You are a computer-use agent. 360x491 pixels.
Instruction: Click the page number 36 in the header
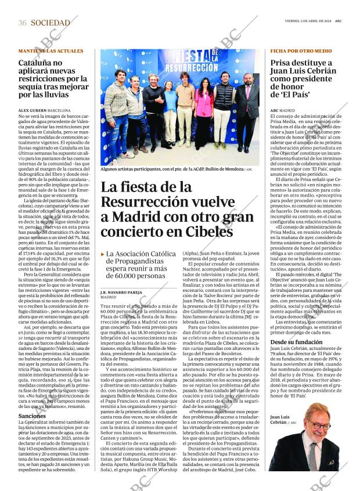click(x=23, y=23)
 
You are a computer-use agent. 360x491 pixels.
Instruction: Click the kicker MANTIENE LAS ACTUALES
click(x=51, y=51)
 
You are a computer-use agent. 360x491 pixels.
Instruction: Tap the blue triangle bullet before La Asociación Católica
click(x=103, y=254)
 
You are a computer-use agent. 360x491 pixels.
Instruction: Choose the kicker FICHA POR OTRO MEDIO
click(x=301, y=51)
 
